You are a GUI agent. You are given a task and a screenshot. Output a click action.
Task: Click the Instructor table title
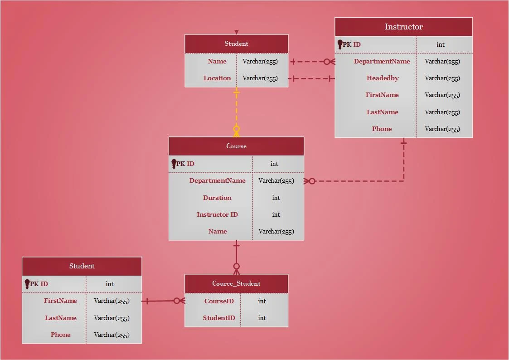(403, 27)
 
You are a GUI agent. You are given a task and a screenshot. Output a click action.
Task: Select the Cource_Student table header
(236, 283)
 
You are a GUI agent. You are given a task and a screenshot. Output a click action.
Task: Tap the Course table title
(236, 146)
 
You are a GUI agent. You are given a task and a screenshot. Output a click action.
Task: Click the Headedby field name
(383, 78)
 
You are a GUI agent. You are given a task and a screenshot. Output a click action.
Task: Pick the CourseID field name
(219, 301)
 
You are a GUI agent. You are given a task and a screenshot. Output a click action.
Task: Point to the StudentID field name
(219, 318)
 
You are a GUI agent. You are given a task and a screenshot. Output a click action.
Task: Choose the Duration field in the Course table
(217, 198)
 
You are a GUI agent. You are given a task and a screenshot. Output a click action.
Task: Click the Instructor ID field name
(217, 214)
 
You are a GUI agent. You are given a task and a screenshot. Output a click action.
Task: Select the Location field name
(217, 78)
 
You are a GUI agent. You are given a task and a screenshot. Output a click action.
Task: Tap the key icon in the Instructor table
(340, 44)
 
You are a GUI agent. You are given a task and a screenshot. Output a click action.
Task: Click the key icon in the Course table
(174, 164)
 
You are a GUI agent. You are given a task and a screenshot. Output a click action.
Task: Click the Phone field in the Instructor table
(382, 129)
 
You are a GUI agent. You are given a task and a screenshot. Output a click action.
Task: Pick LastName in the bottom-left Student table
(60, 318)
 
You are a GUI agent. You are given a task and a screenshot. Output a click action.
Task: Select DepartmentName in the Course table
(217, 180)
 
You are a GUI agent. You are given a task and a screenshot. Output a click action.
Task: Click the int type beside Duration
(276, 198)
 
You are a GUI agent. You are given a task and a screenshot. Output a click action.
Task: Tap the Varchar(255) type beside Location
(260, 78)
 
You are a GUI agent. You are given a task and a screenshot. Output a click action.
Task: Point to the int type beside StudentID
(262, 318)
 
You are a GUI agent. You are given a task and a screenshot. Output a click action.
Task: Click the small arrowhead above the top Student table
(236, 32)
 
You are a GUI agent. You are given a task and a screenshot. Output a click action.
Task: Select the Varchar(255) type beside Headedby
(442, 78)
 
